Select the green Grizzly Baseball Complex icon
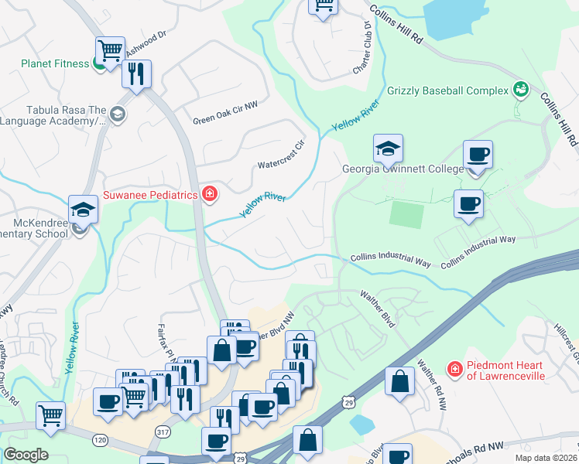point(521,90)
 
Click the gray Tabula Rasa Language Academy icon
point(117,115)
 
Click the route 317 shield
point(162,431)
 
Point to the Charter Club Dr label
point(361,48)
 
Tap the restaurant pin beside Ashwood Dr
point(137,74)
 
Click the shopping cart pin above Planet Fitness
point(111,50)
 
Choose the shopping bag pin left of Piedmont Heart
point(399,382)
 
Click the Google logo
point(26,454)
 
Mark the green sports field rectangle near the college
point(406,214)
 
